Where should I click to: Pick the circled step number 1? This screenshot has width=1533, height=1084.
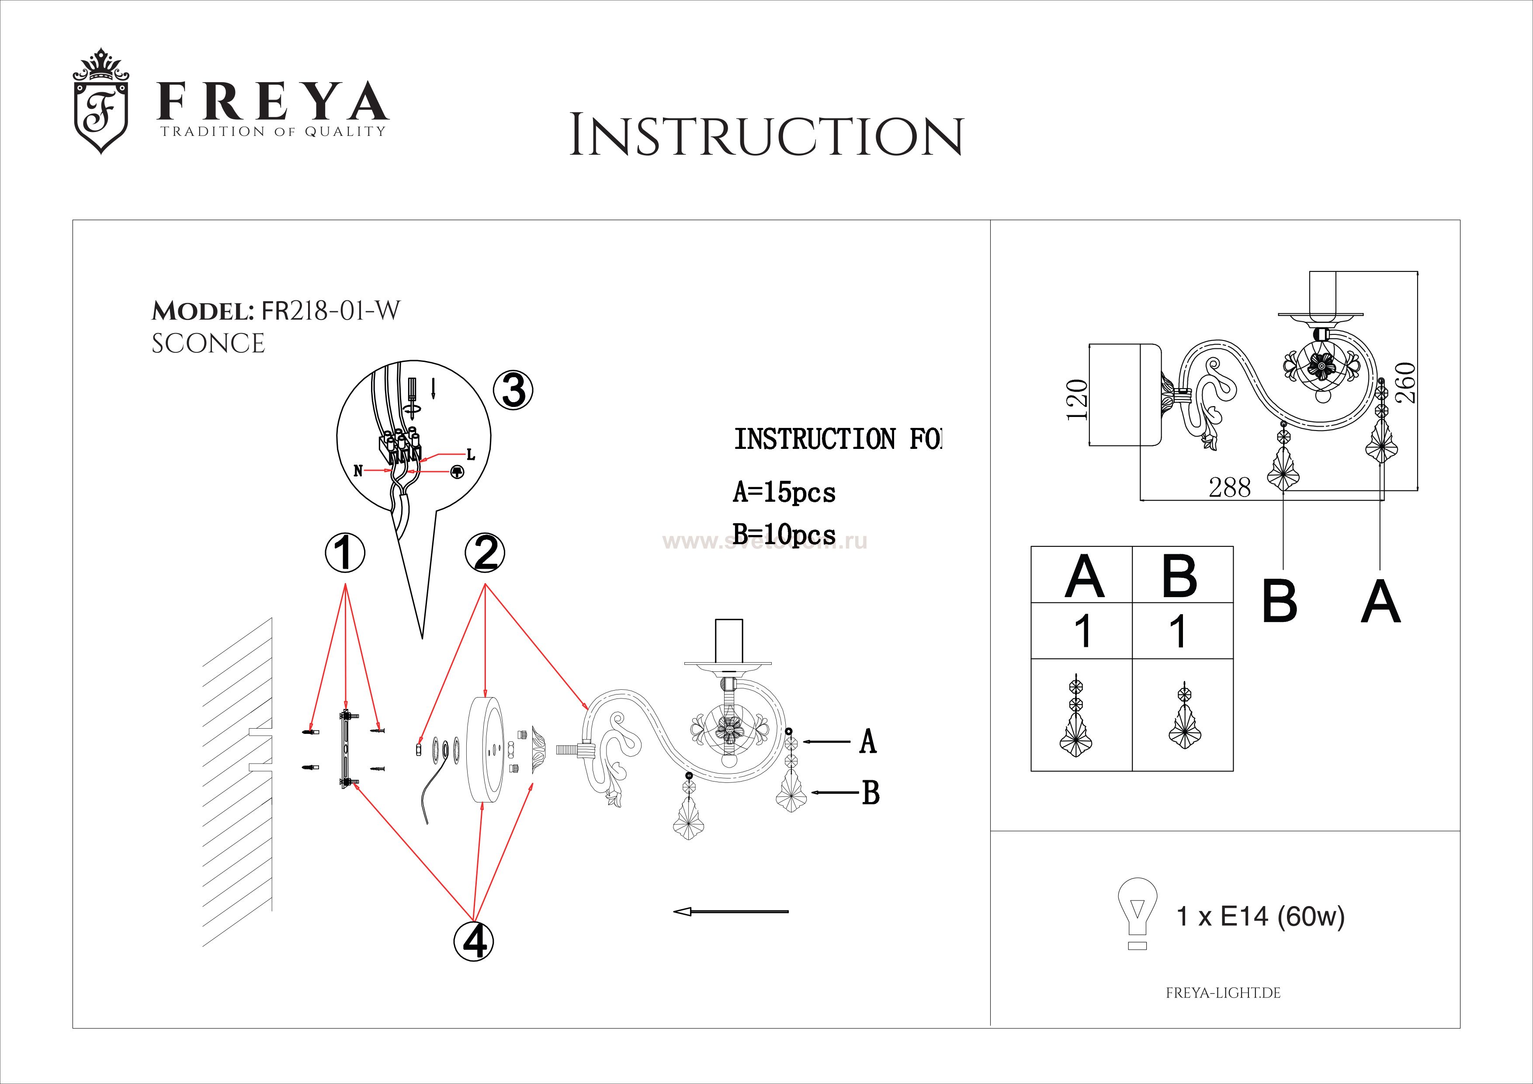[x=344, y=553]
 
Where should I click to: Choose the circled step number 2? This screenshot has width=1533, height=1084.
[x=486, y=553]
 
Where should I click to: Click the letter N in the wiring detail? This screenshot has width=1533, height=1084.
[x=358, y=471]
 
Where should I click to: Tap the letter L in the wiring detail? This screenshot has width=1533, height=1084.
[x=471, y=455]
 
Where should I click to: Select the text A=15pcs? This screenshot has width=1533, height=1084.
[x=784, y=493]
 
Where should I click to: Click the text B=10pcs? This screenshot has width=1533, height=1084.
[x=784, y=535]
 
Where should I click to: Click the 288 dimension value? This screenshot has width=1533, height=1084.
[x=1229, y=488]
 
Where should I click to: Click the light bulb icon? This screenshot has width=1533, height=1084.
[x=1138, y=912]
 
